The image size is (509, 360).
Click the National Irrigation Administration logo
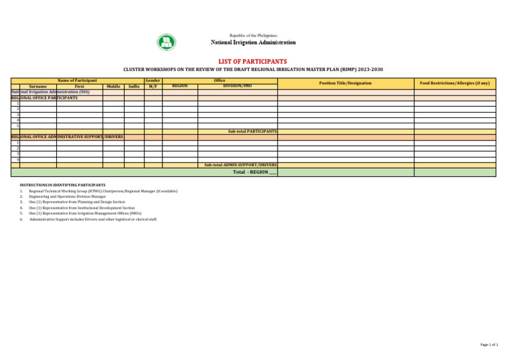(x=166, y=42)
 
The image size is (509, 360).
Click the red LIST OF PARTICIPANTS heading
(x=254, y=61)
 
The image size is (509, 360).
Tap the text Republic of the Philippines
(x=253, y=35)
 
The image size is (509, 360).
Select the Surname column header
(x=38, y=86)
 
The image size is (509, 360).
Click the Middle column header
(x=113, y=86)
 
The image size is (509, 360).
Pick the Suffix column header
(x=134, y=86)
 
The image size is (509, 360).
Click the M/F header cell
(x=153, y=86)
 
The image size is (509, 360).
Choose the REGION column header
(x=180, y=86)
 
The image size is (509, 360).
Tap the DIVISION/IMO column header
(x=237, y=86)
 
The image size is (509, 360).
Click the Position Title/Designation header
(x=345, y=83)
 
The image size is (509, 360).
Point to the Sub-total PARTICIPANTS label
(x=252, y=131)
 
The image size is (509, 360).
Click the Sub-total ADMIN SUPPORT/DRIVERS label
(x=241, y=164)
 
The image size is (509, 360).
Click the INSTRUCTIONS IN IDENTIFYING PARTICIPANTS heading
(x=63, y=184)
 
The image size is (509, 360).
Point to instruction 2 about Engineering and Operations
(x=67, y=197)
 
